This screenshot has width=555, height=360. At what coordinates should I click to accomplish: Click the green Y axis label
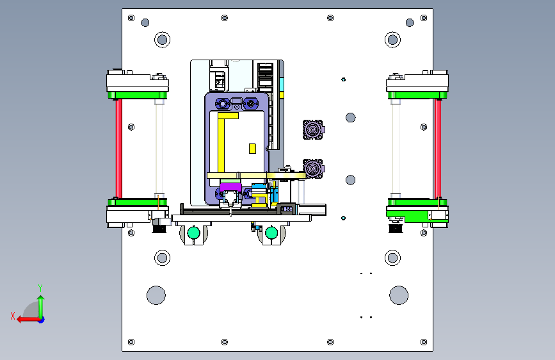(40, 288)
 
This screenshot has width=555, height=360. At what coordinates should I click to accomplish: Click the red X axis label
(13, 316)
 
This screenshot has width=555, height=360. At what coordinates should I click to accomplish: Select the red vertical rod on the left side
(119, 149)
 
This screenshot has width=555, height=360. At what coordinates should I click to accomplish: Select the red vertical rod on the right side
(438, 149)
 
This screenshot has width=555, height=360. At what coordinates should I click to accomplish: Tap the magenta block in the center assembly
(230, 187)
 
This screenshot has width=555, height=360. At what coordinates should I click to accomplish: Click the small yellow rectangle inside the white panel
(252, 149)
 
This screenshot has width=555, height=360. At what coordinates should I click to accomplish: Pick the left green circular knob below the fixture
(193, 233)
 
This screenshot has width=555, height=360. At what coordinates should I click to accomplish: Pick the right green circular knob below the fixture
(271, 233)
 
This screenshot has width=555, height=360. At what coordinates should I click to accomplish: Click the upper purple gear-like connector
(313, 129)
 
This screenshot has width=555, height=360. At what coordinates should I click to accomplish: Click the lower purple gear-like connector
(313, 168)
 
